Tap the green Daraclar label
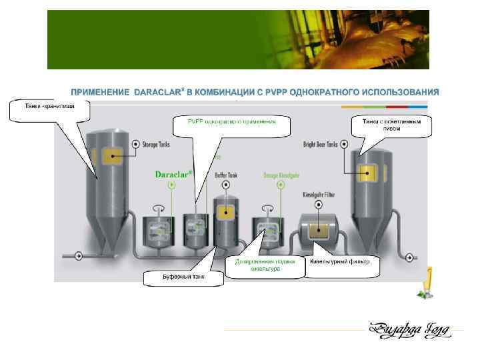click(173, 175)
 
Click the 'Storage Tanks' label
click(159, 143)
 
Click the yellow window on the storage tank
click(109, 157)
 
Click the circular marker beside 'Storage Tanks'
click(135, 143)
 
